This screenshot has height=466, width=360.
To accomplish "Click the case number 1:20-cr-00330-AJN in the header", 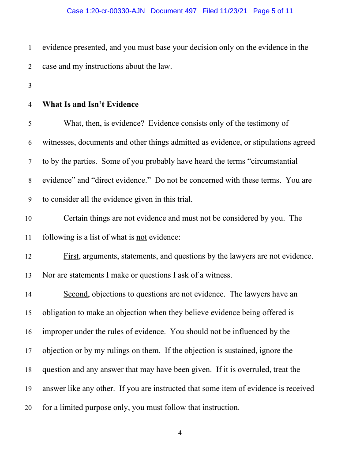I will pyautogui.click(x=106, y=11).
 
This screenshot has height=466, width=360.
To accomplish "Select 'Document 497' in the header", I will pyautogui.click(x=173, y=11).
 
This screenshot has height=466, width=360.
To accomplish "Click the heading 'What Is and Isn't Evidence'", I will pyautogui.click(x=90, y=105).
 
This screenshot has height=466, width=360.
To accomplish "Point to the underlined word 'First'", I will pyautogui.click(x=71, y=256).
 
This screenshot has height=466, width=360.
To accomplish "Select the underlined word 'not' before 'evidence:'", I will pyautogui.click(x=141, y=237).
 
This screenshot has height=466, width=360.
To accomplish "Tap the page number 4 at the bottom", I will pyautogui.click(x=180, y=433).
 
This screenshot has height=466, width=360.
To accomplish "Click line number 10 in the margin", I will pyautogui.click(x=29, y=218).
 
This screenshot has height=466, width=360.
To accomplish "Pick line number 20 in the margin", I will pyautogui.click(x=29, y=408).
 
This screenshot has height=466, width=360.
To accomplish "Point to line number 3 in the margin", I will pyautogui.click(x=30, y=86).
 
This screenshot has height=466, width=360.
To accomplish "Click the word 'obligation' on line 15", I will pyautogui.click(x=60, y=313).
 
